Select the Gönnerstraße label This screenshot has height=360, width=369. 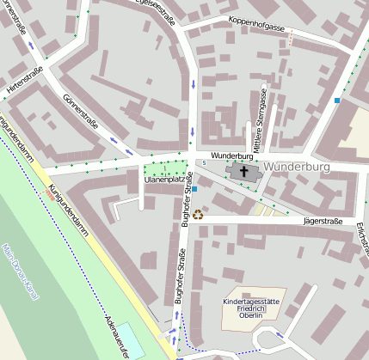click(x=80, y=117)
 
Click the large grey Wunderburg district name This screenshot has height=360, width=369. click(x=298, y=165)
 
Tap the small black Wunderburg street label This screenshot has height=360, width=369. click(x=231, y=156)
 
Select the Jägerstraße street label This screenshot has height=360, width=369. click(x=324, y=222)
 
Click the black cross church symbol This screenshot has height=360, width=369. click(x=243, y=172)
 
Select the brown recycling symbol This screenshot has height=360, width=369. click(x=197, y=215)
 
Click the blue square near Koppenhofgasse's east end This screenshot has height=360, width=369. click(x=337, y=101)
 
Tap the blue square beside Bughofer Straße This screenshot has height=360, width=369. click(x=195, y=188)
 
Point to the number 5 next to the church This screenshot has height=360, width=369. click(x=205, y=162)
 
